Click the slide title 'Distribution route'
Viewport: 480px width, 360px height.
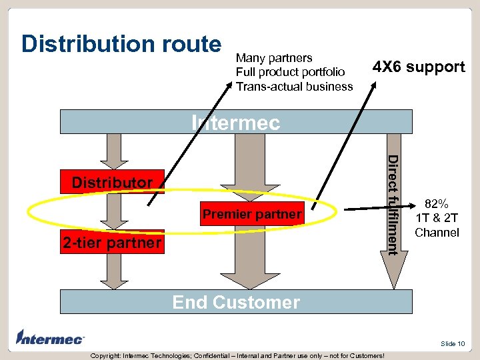pos(121,44)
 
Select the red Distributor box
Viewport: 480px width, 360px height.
pos(113,182)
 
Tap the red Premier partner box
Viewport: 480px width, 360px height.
pos(252,214)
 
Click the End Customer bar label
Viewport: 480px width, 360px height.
pos(236,302)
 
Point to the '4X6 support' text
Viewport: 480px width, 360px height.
pos(418,67)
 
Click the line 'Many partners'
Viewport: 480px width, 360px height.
pos(274,58)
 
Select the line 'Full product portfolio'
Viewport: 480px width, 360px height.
pos(291,72)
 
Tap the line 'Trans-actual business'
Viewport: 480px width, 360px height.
pos(295,86)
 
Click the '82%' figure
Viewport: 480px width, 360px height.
pos(437,204)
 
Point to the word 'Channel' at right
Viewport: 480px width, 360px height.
pos(437,233)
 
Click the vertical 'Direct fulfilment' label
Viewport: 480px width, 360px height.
pos(393,204)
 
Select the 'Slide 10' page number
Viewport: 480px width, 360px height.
pos(453,343)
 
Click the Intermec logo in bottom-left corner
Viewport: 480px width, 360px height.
pos(51,338)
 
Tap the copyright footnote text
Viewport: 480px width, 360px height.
pos(237,355)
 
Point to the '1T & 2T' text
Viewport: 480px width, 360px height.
pos(437,218)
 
